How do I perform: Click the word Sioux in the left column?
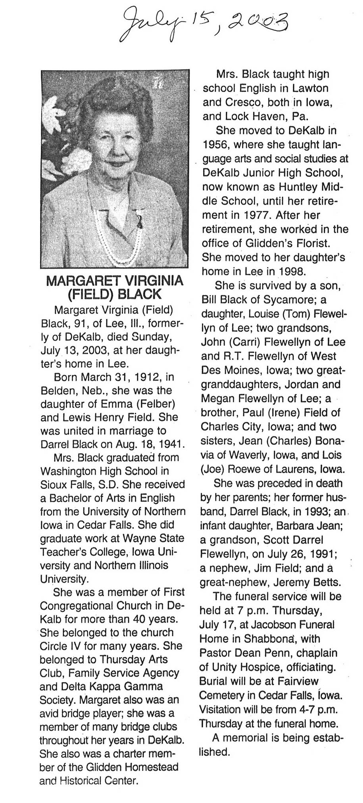click(55, 484)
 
